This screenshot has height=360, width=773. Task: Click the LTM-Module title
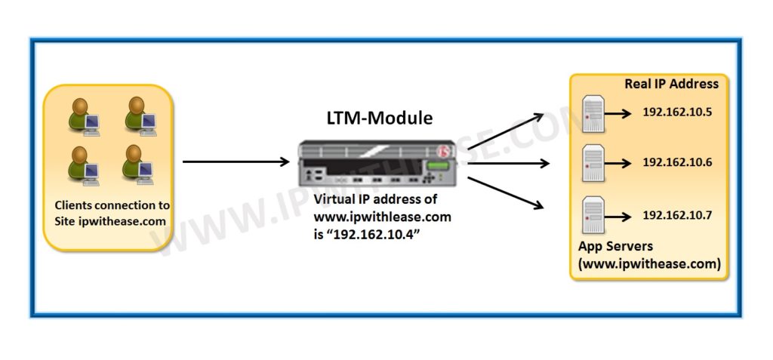[x=379, y=118]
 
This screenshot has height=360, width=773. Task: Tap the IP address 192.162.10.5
[x=677, y=112]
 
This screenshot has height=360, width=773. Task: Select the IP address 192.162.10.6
[x=677, y=162]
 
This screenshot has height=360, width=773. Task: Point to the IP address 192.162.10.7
[x=677, y=215]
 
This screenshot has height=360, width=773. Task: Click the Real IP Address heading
[x=671, y=84]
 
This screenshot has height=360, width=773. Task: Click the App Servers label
[x=615, y=247]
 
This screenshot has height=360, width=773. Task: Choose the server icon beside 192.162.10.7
[x=593, y=216]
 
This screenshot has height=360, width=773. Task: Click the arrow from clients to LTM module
[x=236, y=162]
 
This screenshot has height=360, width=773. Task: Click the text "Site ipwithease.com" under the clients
[x=110, y=222]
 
